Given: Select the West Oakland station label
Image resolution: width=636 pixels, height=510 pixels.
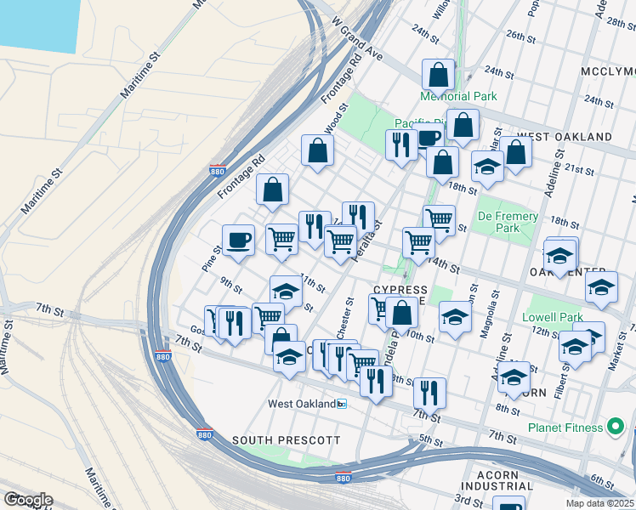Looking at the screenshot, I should (x=302, y=404).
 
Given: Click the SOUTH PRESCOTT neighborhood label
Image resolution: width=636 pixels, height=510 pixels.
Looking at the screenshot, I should (x=287, y=440).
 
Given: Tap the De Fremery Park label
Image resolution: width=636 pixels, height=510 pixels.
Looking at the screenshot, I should (x=508, y=222).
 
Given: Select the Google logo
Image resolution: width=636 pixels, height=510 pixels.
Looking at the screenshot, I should (x=27, y=500).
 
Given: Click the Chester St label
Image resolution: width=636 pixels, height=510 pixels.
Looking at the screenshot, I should (x=348, y=313).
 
